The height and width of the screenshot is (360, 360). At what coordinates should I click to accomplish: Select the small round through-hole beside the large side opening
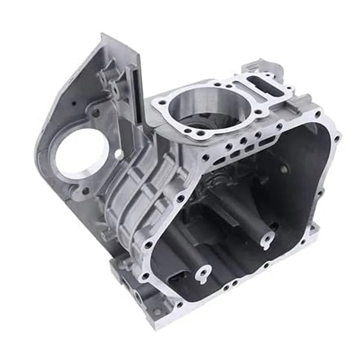pyautogui.click(x=119, y=154)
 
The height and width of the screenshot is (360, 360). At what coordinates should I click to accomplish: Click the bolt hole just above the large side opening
pyautogui.click(x=95, y=113)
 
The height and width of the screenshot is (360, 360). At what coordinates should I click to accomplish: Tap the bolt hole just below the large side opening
pyautogui.click(x=85, y=191)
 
